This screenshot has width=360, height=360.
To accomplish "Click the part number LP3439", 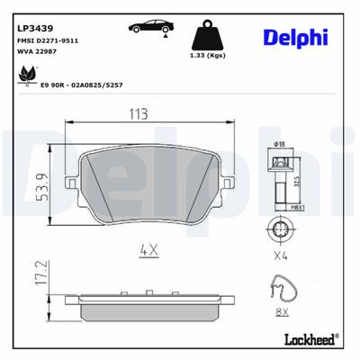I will (x=33, y=27).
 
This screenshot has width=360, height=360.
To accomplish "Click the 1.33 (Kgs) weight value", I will (x=208, y=57).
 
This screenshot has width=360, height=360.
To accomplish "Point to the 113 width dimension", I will (x=139, y=113).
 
